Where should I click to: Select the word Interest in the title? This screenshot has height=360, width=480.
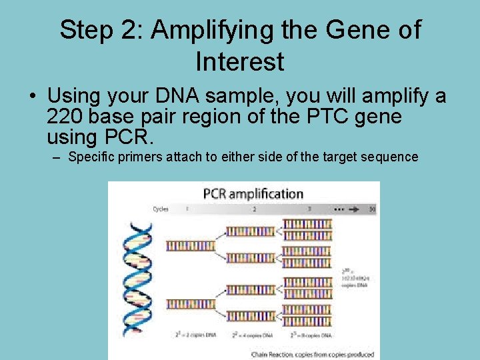(240, 62)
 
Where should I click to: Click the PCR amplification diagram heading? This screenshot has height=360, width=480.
(253, 194)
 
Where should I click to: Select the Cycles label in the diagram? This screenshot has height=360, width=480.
(161, 209)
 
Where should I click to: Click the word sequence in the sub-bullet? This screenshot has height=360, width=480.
(391, 157)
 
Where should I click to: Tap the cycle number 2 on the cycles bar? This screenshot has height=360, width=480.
(254, 209)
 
